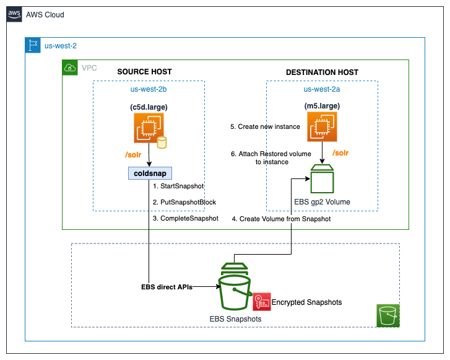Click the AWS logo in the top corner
(x=14, y=14)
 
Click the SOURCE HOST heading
(x=144, y=72)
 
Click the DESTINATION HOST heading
(x=322, y=72)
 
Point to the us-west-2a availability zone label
(x=321, y=89)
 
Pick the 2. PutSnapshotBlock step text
(x=184, y=202)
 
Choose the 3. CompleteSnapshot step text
(x=185, y=218)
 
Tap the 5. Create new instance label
(x=265, y=126)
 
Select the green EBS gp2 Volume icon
(x=321, y=180)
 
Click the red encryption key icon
(x=261, y=301)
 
